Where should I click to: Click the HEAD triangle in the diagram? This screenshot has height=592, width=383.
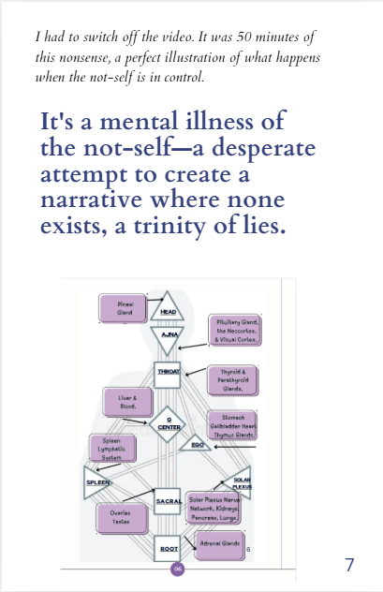(x=169, y=306)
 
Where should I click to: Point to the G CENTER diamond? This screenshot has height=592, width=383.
(x=169, y=423)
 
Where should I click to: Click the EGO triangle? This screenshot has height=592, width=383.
(x=198, y=444)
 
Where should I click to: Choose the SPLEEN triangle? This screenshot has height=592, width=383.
(x=99, y=482)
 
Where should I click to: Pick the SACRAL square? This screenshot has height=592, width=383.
(x=169, y=502)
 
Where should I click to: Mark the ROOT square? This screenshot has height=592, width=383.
(x=169, y=547)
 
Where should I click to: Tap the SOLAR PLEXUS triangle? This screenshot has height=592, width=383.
(x=239, y=482)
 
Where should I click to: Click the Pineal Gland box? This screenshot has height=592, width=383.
(x=125, y=308)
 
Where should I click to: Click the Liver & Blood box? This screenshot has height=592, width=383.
(x=128, y=402)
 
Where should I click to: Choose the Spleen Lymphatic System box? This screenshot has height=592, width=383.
(x=111, y=451)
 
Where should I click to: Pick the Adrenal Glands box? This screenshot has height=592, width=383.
(x=220, y=544)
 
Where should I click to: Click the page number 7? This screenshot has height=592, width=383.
(x=348, y=565)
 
